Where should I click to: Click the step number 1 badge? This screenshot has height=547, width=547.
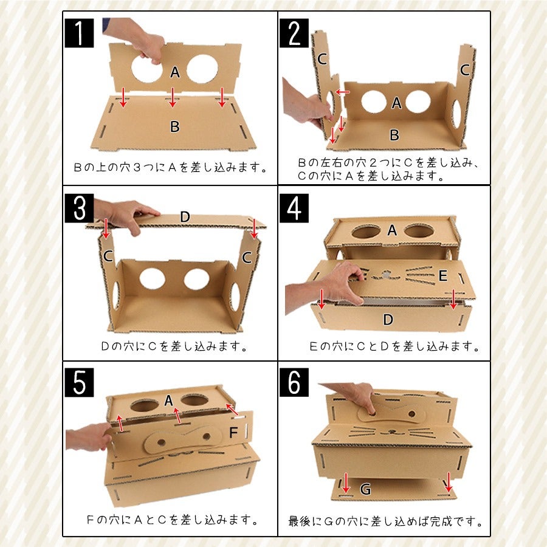(79, 33)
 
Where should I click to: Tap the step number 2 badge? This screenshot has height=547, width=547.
(294, 33)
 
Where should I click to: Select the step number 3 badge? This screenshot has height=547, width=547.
(79, 208)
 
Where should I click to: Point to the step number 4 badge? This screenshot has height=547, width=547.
(294, 208)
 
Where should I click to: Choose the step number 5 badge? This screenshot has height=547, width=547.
(79, 382)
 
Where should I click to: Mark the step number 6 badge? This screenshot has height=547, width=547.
(294, 382)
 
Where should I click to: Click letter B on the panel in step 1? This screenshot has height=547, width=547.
(175, 126)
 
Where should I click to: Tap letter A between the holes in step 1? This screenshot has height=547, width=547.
(175, 72)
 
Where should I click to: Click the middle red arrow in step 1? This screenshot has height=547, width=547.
(173, 97)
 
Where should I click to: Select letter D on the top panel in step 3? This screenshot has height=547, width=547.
(185, 216)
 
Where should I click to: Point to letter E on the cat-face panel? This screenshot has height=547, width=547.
(442, 275)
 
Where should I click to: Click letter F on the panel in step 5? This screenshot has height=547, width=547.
(233, 433)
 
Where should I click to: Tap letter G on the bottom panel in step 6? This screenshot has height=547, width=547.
(365, 489)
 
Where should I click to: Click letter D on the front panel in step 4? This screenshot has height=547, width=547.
(388, 320)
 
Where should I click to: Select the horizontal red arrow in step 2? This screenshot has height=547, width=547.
(342, 92)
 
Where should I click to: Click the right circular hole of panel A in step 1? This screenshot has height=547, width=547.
(202, 69)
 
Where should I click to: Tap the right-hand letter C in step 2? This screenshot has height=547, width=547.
(465, 70)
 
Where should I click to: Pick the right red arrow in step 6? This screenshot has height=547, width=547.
(449, 482)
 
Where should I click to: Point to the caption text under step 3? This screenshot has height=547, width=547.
(174, 346)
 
